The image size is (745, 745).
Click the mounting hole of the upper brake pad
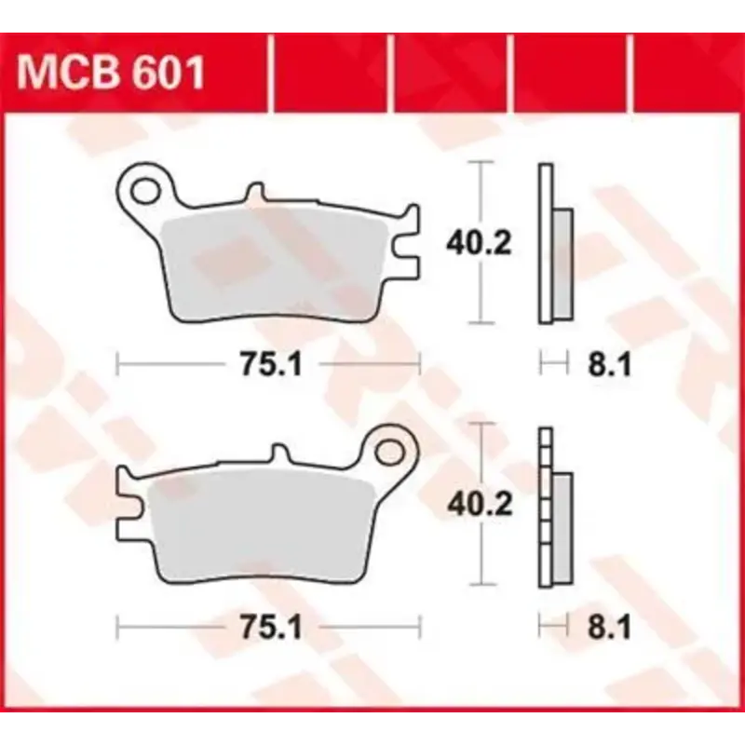[x=146, y=190]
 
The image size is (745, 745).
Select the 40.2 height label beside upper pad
[x=480, y=244]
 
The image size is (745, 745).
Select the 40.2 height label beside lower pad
[x=480, y=505]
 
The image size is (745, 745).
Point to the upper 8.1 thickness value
[x=611, y=366]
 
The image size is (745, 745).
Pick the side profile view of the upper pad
[x=553, y=244]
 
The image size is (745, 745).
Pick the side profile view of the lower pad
[x=553, y=508]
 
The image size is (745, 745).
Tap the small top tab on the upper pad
[x=253, y=194]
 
